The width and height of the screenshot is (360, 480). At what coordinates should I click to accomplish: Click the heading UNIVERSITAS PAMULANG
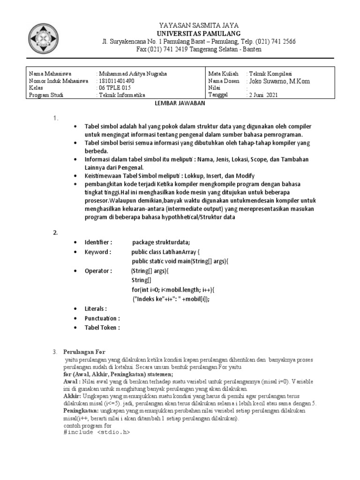199,34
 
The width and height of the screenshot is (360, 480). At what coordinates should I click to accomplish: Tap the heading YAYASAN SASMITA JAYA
199,26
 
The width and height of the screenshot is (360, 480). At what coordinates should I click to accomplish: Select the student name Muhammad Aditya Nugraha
132,74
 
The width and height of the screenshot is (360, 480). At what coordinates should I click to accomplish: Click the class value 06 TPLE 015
114,88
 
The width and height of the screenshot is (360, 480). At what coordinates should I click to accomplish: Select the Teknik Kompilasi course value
271,74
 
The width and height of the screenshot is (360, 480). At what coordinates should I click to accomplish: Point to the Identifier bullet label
98,242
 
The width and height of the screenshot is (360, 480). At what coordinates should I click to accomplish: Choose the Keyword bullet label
97,252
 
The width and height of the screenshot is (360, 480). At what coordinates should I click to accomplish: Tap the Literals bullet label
96,309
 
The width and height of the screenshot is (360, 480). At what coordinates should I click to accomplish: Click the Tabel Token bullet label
102,328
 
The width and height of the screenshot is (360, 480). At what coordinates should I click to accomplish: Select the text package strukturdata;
161,242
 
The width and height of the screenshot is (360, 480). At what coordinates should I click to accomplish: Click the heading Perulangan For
85,352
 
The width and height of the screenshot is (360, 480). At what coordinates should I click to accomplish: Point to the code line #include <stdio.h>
96,432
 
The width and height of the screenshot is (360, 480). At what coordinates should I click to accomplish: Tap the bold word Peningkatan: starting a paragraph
81,410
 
